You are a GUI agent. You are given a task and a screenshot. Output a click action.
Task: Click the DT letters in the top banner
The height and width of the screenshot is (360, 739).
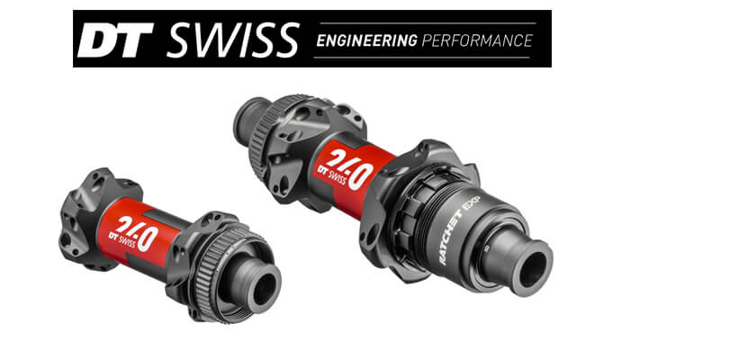tap(113, 40)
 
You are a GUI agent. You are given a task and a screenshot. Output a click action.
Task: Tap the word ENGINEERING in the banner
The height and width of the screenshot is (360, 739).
tap(366, 40)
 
